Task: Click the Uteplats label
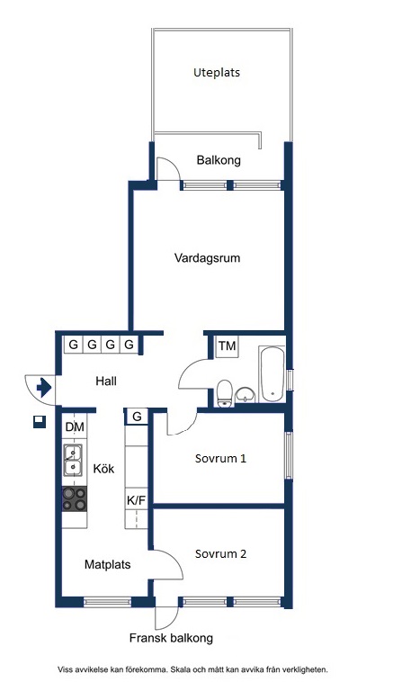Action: [217, 72]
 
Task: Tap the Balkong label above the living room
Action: [219, 160]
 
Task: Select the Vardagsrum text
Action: [208, 258]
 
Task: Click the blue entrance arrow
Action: [44, 387]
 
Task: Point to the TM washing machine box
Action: [227, 346]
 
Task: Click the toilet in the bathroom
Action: [224, 393]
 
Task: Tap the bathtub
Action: [272, 374]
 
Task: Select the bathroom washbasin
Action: [246, 396]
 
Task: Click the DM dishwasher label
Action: [75, 427]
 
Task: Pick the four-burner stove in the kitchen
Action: [75, 498]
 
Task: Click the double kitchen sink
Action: [73, 460]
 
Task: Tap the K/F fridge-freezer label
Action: [136, 500]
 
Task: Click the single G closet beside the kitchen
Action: [137, 417]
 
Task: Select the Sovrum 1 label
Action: [220, 459]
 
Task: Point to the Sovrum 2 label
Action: [220, 553]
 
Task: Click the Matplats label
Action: [107, 564]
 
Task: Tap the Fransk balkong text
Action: [171, 638]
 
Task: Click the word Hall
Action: [106, 381]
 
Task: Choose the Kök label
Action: [104, 469]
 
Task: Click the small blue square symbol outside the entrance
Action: [40, 422]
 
